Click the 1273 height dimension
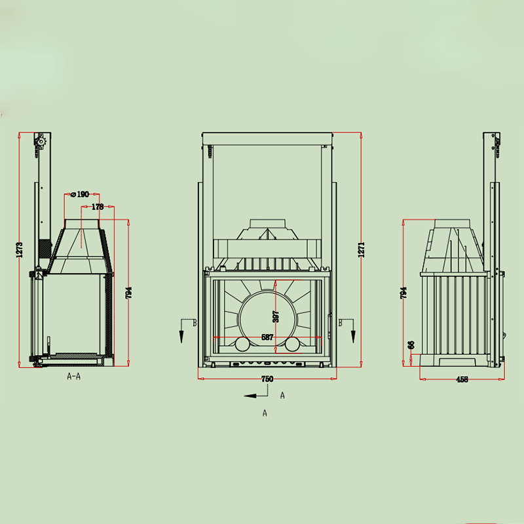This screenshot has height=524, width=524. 20,250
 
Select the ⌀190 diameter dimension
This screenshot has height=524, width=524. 80,195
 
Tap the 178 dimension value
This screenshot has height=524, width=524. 98,207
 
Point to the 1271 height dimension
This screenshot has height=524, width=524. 362,250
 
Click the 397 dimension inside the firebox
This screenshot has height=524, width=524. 276,317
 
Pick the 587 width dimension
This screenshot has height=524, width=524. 267,337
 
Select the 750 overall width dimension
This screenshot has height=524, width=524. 267,379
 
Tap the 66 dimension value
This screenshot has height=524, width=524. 411,345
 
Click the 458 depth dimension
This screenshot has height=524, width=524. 462,379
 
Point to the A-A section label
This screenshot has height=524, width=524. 74,377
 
